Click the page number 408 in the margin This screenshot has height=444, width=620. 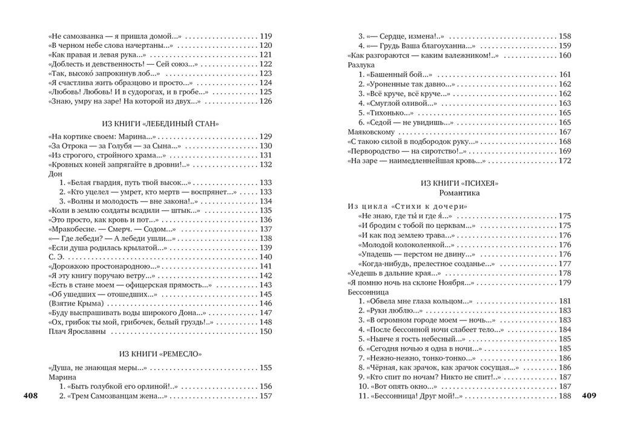(x=30, y=396)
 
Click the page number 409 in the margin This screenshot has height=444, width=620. (x=589, y=396)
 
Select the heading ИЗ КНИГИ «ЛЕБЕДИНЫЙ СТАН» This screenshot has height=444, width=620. (x=159, y=123)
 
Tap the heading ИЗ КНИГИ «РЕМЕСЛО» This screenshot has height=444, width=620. (x=159, y=353)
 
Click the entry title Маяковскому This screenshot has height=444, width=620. (x=371, y=132)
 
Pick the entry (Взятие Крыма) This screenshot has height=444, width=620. (x=76, y=303)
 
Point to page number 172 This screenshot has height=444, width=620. (x=564, y=161)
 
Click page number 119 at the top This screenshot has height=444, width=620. (x=265, y=36)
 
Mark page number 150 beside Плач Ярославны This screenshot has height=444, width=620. (x=265, y=331)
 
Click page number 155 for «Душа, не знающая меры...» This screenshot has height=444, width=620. (x=265, y=368)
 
